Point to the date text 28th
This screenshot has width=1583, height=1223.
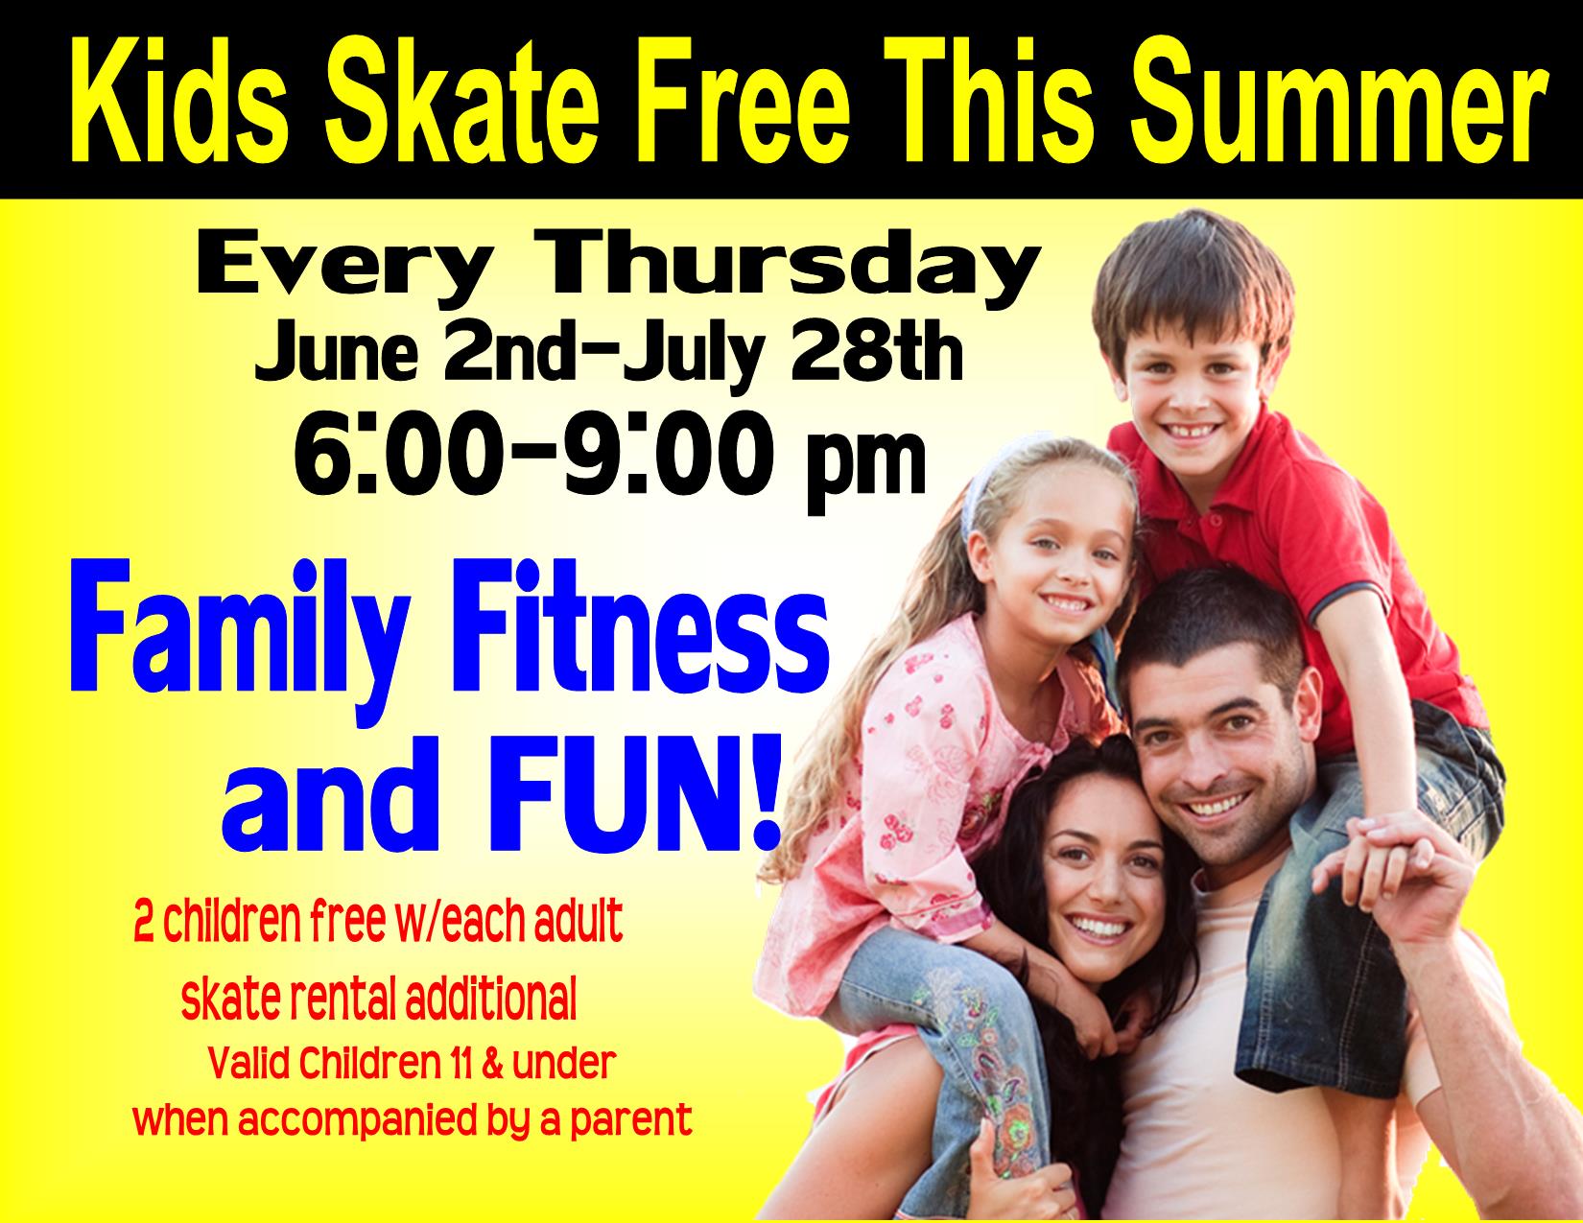pos(877,356)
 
